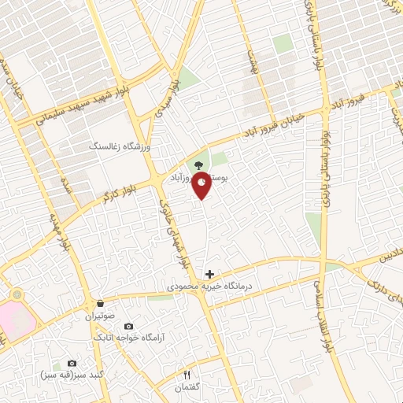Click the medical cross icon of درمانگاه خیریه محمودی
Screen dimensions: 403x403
click(209, 274)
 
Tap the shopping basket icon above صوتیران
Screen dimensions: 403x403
click(100, 303)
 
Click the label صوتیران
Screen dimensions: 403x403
click(101, 316)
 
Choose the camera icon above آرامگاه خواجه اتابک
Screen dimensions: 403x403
click(128, 326)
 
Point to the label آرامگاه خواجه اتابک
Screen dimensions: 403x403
click(128, 338)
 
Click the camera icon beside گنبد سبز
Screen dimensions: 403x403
click(72, 363)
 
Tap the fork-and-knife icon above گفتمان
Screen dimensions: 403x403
click(187, 373)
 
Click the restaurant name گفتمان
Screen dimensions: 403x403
click(187, 386)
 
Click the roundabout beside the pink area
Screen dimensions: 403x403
click(17, 294)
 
